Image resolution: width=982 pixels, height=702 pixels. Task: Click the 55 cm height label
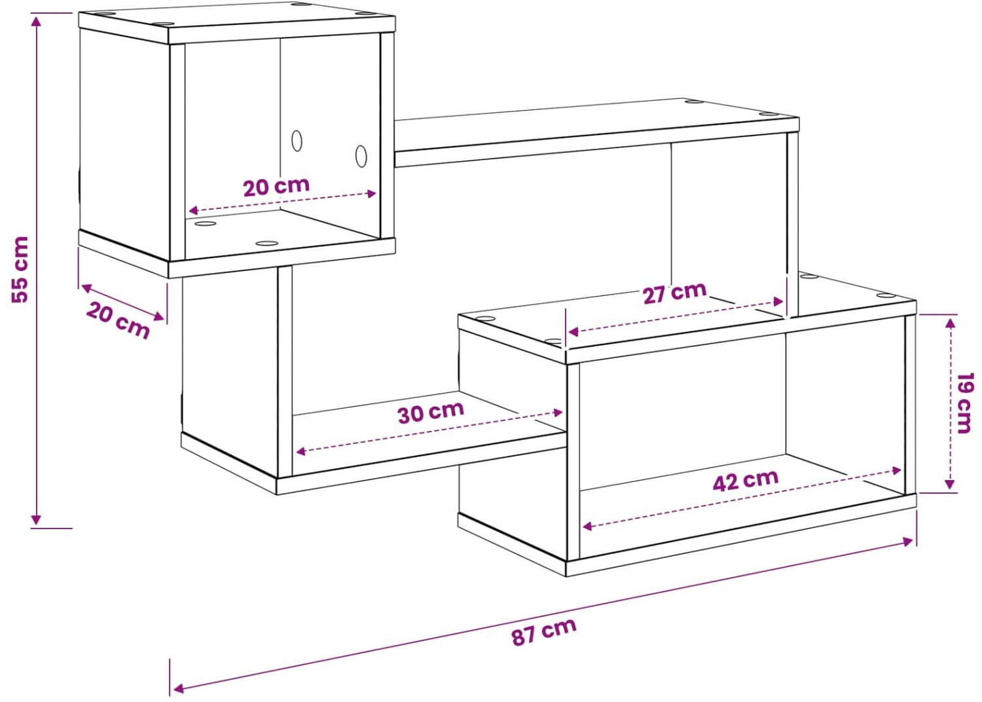[x=20, y=269]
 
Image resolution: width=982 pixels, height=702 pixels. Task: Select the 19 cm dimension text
[x=964, y=403]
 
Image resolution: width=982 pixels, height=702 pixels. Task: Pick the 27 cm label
[x=675, y=293]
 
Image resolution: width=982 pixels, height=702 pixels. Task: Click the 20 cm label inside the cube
[x=277, y=187]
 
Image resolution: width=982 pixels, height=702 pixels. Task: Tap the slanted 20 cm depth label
[x=118, y=320]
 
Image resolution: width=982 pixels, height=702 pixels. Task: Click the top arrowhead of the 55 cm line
[x=36, y=20]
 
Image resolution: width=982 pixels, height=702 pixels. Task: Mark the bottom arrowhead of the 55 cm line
[x=36, y=520]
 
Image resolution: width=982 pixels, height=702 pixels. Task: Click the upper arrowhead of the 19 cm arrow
[x=949, y=323]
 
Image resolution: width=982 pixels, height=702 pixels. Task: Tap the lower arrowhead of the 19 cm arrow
[x=949, y=483]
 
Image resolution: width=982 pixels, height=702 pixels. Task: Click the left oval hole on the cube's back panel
[x=297, y=141]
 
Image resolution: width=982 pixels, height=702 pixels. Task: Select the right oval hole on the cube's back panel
[x=361, y=156]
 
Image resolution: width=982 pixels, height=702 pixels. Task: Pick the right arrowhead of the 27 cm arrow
[x=778, y=302]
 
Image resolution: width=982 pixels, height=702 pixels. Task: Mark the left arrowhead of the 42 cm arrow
[x=587, y=526]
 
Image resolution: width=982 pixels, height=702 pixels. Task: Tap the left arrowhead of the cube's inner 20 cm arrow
[x=193, y=210]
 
